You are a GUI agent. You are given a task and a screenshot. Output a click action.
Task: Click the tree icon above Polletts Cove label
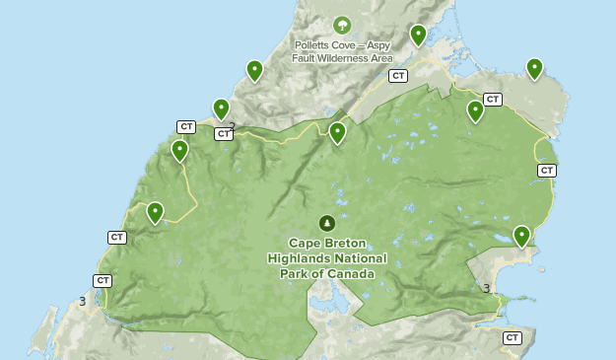tap(342, 25)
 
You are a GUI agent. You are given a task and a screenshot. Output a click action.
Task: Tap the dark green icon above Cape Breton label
tap(326, 223)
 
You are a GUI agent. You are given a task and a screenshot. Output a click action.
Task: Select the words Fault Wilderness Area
tap(342, 58)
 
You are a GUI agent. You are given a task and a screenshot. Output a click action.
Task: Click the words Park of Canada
tap(327, 273)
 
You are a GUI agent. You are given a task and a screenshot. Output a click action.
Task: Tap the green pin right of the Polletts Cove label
tap(418, 35)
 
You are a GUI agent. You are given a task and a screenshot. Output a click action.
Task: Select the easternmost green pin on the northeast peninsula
tap(534, 68)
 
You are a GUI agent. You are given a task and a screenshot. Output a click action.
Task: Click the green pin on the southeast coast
tap(521, 235)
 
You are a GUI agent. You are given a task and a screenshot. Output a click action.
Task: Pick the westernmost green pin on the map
tap(155, 212)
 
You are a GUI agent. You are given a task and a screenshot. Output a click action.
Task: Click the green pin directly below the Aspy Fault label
tap(337, 132)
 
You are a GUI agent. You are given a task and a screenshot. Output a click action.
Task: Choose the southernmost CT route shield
tap(512, 337)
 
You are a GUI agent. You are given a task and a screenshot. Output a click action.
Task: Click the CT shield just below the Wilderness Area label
tap(398, 75)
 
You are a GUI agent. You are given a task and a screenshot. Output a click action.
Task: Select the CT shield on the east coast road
tap(547, 170)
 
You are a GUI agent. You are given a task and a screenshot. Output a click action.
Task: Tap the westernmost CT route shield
tap(103, 280)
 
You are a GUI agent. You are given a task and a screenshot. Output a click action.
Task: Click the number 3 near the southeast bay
tap(487, 288)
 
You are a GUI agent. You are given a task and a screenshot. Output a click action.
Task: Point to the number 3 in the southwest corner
tap(83, 301)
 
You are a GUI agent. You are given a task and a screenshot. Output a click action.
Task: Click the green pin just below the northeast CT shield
tap(475, 110)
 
